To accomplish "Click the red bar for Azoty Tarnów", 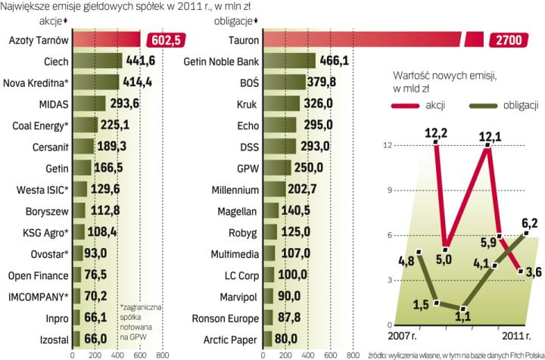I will (106, 39).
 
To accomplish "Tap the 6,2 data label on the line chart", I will (529, 225).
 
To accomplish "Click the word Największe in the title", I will (28, 7).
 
